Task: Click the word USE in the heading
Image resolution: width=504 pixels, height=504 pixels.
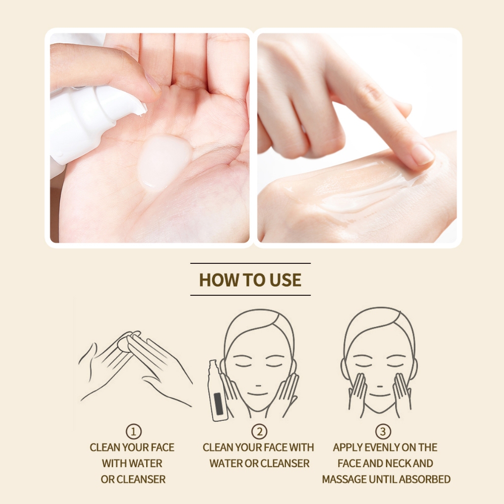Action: tap(285, 280)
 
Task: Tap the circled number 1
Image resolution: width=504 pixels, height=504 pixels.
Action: tap(133, 431)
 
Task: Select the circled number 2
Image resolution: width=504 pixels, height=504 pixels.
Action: tap(259, 431)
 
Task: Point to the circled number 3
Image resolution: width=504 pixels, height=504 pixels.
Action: tap(383, 431)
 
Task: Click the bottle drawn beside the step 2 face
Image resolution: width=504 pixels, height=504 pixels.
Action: tap(217, 390)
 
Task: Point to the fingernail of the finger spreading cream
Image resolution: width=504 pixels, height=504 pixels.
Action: tap(422, 154)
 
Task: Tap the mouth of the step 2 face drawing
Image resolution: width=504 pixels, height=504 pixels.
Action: tap(258, 394)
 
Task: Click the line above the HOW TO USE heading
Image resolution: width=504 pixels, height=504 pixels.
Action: tap(251, 263)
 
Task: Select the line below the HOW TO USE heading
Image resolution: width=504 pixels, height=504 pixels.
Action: tap(251, 295)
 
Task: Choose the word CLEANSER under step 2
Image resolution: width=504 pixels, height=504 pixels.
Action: tap(285, 463)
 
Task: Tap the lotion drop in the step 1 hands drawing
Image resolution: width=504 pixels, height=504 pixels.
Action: tap(123, 344)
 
